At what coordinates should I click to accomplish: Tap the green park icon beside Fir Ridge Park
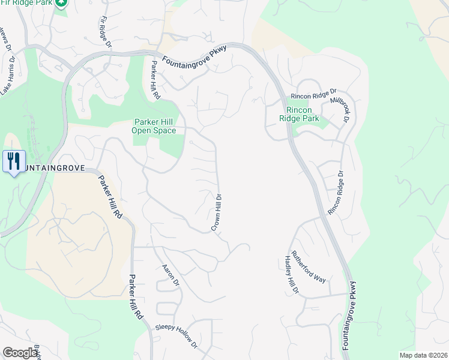pyautogui.click(x=61, y=3)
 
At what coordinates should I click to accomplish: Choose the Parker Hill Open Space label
pyautogui.click(x=154, y=126)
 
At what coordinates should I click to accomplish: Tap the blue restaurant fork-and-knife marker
pyautogui.click(x=14, y=161)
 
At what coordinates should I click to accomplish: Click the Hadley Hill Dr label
pyautogui.click(x=291, y=275)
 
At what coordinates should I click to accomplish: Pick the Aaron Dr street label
pyautogui.click(x=172, y=274)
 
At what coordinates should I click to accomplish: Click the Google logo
pyautogui.click(x=20, y=353)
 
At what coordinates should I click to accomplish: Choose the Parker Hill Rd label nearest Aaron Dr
pyautogui.click(x=136, y=297)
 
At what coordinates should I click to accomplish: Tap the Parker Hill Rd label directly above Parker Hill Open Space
pyautogui.click(x=155, y=80)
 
